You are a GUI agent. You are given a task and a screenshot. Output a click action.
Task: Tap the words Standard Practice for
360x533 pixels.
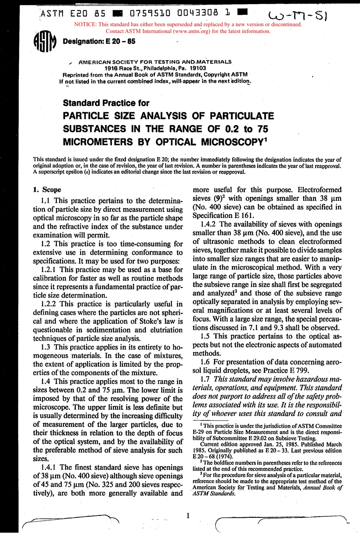106,103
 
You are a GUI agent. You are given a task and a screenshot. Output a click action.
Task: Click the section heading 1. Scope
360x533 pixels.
47,190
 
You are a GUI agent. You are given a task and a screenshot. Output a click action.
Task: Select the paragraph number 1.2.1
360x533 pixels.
49,270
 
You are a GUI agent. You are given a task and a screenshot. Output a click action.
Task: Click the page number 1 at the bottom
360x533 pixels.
188,515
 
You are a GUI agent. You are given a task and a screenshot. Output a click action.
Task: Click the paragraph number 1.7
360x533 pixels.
207,379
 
